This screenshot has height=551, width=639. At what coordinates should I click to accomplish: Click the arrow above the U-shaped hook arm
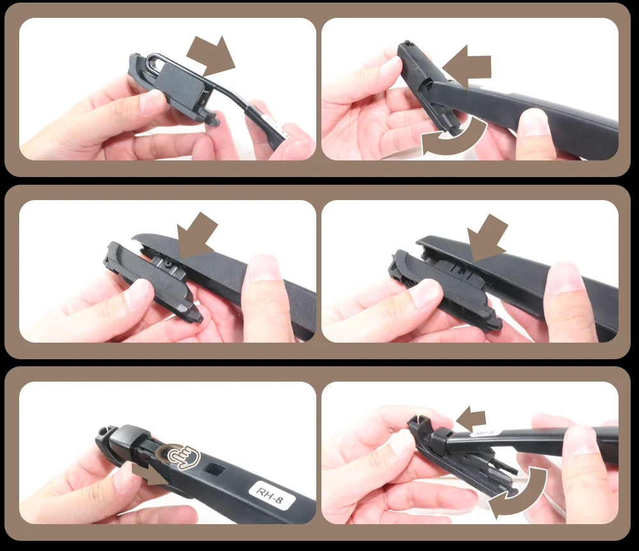point(212,55)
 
